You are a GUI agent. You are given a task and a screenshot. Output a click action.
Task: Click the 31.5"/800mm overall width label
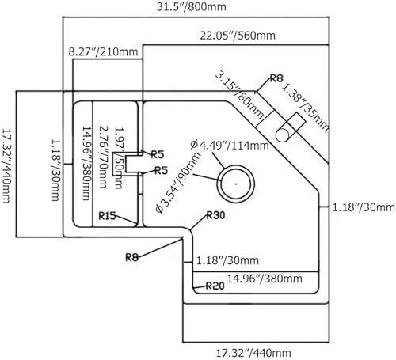(192, 6)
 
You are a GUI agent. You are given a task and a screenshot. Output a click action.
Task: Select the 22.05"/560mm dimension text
(238, 36)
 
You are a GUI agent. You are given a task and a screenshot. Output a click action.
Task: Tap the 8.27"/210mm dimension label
(103, 51)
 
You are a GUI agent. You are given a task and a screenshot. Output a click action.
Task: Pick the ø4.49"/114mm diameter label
(229, 145)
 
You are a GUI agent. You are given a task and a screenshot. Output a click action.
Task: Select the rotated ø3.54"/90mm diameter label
(177, 183)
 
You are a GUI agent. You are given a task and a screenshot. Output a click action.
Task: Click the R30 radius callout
(215, 215)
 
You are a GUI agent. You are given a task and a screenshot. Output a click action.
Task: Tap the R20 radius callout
(215, 286)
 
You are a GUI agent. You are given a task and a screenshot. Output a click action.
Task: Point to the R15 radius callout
(107, 216)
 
